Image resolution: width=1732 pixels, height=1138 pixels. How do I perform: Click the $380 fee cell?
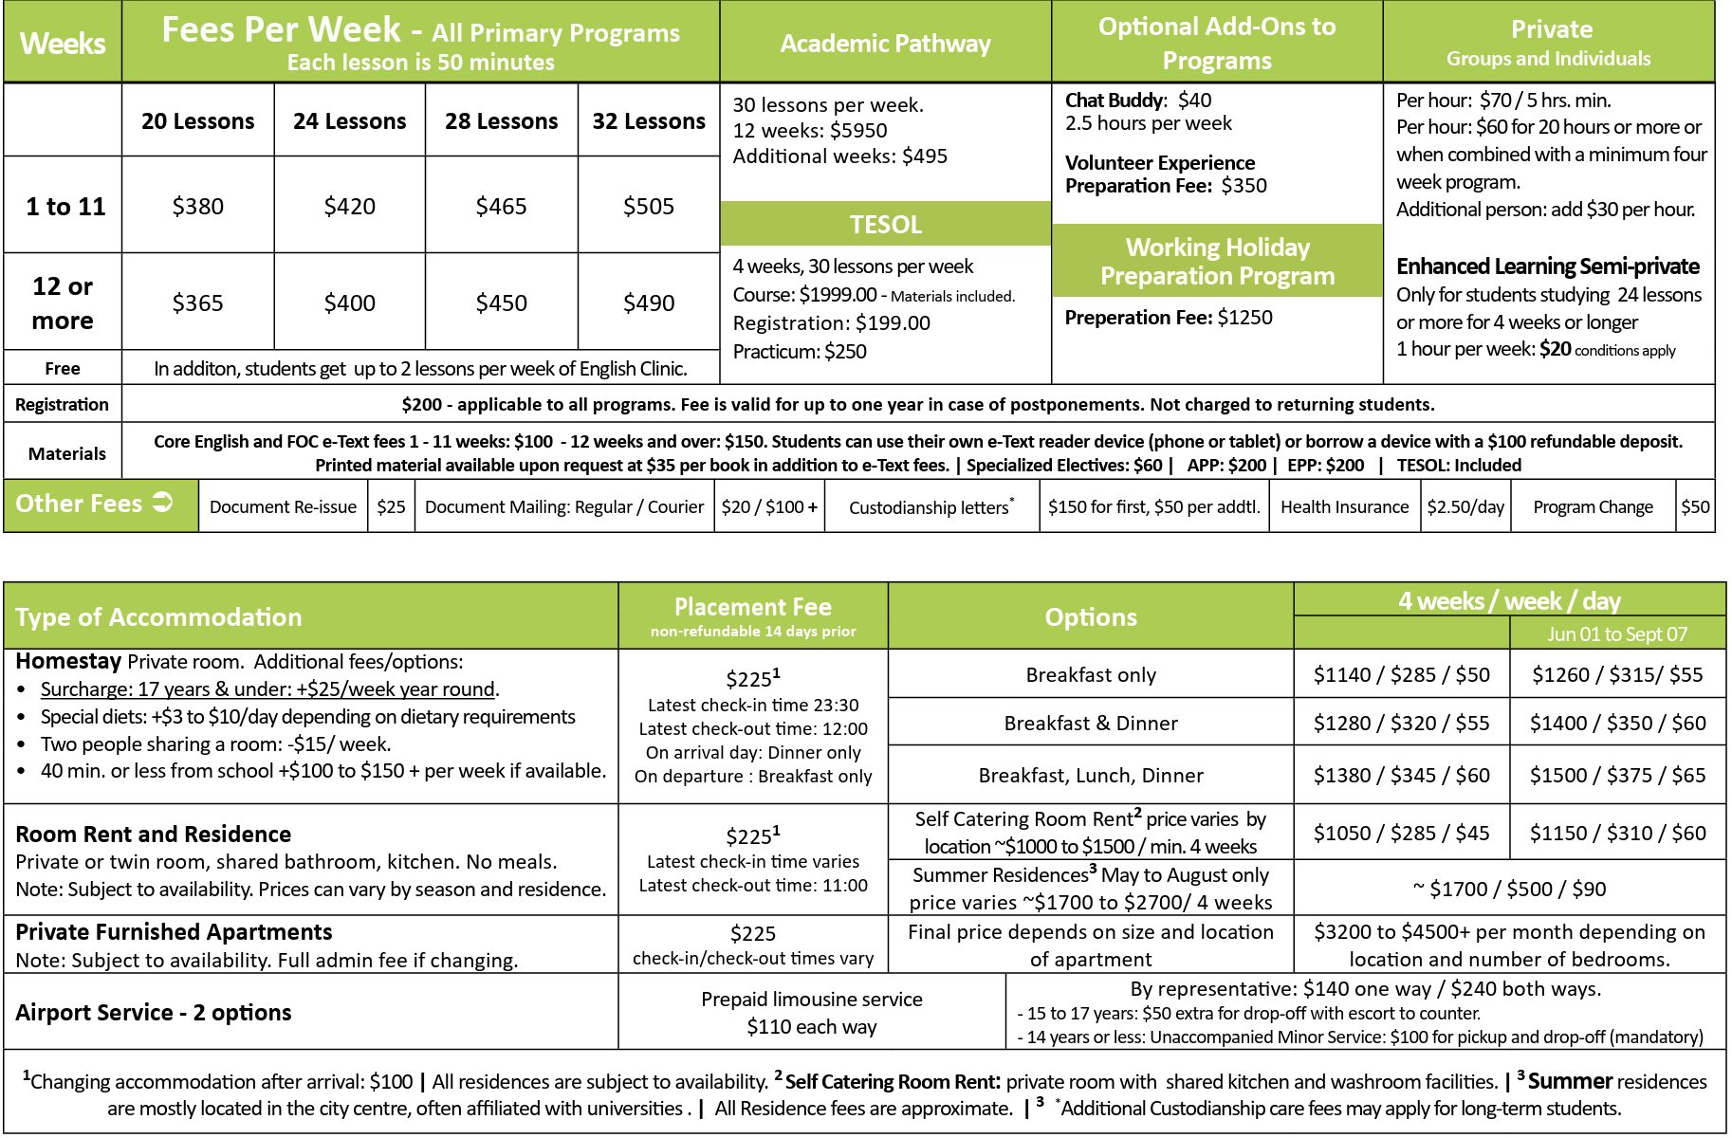(x=197, y=206)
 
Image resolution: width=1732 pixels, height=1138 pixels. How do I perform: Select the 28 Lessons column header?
(x=501, y=121)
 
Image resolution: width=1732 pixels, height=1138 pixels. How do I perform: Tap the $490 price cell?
(x=649, y=303)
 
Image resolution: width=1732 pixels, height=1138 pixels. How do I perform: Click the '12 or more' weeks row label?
(x=63, y=303)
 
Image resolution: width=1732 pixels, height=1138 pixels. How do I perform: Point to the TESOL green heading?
(x=885, y=225)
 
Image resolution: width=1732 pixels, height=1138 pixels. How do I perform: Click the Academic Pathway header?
(x=885, y=44)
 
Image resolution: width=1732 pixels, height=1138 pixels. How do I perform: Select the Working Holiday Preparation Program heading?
(x=1217, y=261)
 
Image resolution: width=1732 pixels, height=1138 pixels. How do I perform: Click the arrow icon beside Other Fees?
(x=163, y=503)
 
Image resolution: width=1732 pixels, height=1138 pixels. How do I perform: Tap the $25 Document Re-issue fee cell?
(x=391, y=507)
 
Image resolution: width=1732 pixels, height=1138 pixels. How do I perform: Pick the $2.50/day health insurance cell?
(x=1465, y=507)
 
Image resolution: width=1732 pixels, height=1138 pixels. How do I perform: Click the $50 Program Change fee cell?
(x=1695, y=507)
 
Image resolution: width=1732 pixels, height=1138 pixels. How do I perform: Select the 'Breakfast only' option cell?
(x=1091, y=675)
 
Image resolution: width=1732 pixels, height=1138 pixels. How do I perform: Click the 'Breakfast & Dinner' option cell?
(x=1091, y=724)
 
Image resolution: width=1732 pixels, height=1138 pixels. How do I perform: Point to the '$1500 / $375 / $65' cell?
(x=1617, y=776)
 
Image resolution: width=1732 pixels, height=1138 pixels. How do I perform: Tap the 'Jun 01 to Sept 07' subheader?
(x=1617, y=633)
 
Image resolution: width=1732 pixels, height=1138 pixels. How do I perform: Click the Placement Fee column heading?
(x=753, y=615)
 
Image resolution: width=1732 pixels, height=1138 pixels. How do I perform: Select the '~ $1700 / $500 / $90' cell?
(x=1509, y=889)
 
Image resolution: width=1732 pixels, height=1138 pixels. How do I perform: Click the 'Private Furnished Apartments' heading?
(x=175, y=932)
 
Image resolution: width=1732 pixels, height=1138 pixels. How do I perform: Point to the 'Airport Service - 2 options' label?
(x=154, y=1013)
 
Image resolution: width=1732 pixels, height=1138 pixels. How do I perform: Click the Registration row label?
(x=63, y=405)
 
